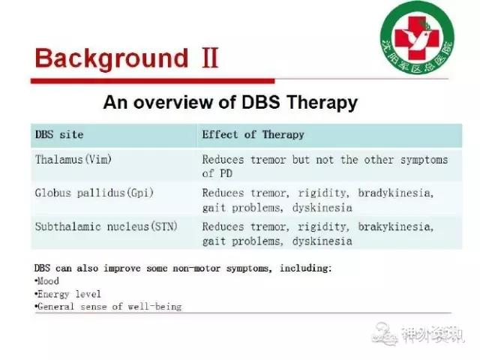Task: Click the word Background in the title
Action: [112, 58]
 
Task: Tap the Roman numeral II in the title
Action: [210, 58]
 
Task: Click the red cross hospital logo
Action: [417, 37]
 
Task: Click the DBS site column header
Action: [59, 135]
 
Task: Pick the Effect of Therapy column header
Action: [253, 135]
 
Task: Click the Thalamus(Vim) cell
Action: [73, 160]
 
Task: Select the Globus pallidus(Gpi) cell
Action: [94, 193]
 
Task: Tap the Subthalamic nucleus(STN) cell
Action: [106, 226]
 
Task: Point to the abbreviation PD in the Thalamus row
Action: [226, 173]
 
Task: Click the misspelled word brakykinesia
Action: [396, 226]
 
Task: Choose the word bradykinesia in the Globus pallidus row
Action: [396, 193]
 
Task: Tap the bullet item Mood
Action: [46, 281]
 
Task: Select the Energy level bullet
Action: [67, 295]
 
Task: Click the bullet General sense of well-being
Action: [108, 307]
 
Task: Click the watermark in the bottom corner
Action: [418, 334]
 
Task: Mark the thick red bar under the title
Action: [153, 81]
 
